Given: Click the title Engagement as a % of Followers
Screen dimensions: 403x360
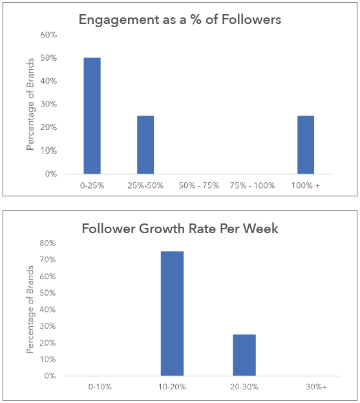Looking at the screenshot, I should [180, 19].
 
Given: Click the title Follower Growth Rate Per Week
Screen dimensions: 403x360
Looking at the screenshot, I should [180, 229].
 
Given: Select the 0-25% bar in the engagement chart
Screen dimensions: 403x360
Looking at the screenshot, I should [92, 116].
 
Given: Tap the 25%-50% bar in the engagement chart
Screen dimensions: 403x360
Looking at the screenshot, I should [145, 145].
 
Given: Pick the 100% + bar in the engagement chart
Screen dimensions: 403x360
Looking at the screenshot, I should [306, 145].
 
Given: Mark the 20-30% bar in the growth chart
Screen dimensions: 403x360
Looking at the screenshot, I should [244, 355].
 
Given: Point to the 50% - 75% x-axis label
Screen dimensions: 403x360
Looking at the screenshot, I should [199, 185].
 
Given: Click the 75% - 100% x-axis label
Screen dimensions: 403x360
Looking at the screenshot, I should [253, 185].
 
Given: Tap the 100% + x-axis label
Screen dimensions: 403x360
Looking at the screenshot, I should [306, 185].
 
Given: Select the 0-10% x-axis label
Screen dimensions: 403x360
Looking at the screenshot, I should [101, 387].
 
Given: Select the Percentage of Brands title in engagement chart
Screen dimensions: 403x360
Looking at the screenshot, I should [30, 104].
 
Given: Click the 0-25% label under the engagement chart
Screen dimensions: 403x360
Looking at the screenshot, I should [92, 185].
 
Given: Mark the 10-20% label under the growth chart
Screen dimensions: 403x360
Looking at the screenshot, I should [172, 387].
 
